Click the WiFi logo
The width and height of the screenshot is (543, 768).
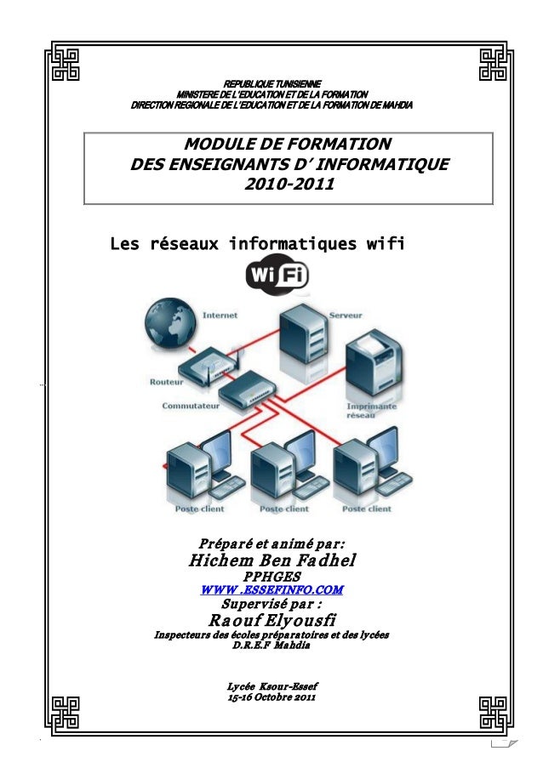point(277,275)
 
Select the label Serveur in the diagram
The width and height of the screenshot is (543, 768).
point(345,315)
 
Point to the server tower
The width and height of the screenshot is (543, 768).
point(304,336)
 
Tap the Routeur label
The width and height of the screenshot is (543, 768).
point(167,383)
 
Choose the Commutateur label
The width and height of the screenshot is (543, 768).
point(191,407)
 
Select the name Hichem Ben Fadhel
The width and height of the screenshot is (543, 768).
point(271,560)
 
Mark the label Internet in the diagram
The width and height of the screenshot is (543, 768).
point(220,315)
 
